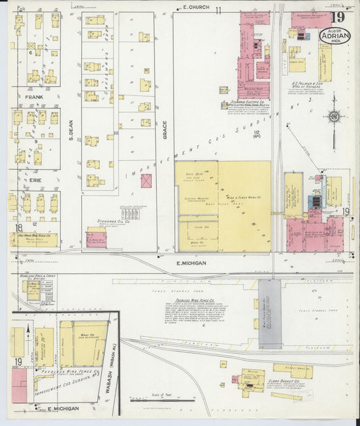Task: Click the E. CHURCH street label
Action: (197, 7)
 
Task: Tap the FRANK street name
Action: (34, 97)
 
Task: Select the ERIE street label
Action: (34, 182)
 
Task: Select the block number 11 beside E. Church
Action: (218, 9)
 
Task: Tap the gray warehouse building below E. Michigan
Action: (269, 314)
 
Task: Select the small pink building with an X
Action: (146, 181)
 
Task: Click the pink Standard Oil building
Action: (96, 238)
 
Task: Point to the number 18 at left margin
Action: (20, 228)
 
